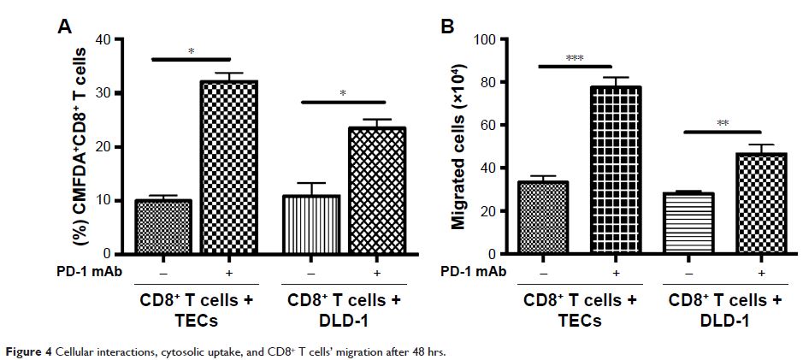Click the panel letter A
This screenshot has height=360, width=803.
pos(64,26)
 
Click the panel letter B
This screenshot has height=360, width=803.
pos(446,26)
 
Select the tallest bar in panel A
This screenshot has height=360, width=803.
pos(228,168)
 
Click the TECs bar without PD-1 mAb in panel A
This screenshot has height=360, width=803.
pos(162,227)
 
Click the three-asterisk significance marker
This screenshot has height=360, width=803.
pos(574,58)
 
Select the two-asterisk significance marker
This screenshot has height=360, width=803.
pos(723,123)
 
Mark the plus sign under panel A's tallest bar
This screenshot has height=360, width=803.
pos(228,272)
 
